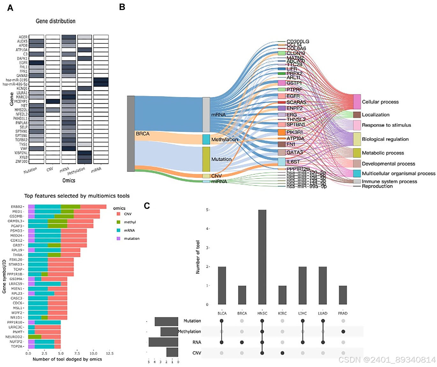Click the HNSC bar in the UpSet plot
pyautogui.click(x=262, y=257)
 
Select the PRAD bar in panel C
pyautogui.click(x=343, y=295)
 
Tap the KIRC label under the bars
pyautogui.click(x=282, y=313)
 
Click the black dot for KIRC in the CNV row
pyautogui.click(x=282, y=353)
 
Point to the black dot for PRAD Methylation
pyautogui.click(x=343, y=332)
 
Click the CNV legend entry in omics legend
pyautogui.click(x=127, y=214)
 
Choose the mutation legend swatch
pyautogui.click(x=118, y=238)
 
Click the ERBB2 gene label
pyautogui.click(x=17, y=207)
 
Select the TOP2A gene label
pyautogui.click(x=17, y=346)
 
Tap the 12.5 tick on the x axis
pyautogui.click(x=109, y=354)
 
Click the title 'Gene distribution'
pyautogui.click(x=56, y=21)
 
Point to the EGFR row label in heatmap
pyautogui.click(x=23, y=63)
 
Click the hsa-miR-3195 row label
pyautogui.click(x=17, y=80)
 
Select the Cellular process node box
pyautogui.click(x=357, y=102)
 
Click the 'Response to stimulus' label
pyautogui.click(x=386, y=125)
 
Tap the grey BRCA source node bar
pyautogui.click(x=131, y=133)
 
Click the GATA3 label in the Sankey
pyautogui.click(x=294, y=153)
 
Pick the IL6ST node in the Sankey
pyautogui.click(x=281, y=162)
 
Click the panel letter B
pyautogui.click(x=122, y=7)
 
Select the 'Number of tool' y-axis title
pyautogui.click(x=198, y=257)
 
